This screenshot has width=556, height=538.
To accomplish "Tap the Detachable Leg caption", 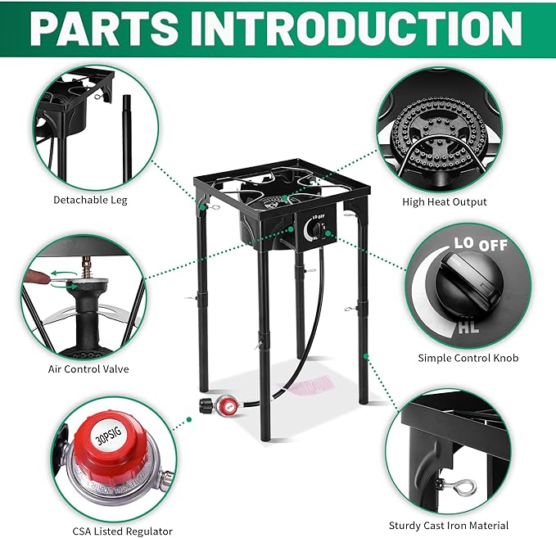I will point(90,200).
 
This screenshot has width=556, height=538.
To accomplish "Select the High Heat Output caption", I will point(444,201).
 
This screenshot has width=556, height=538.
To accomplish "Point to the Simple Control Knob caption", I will point(468,358).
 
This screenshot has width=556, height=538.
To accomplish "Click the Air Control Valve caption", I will point(88,369).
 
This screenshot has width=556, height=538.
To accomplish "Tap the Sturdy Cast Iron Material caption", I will point(449,525).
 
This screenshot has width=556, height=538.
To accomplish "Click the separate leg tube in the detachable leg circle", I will point(126,135).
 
